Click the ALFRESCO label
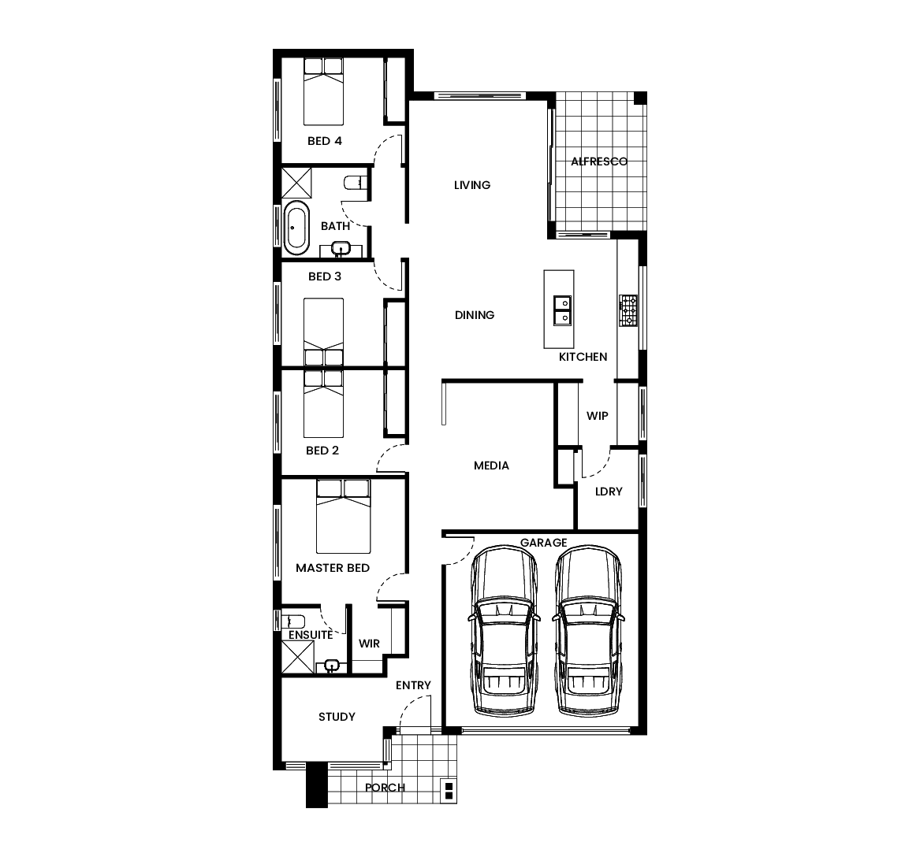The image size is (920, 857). click(x=599, y=161)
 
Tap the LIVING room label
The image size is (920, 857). click(x=472, y=185)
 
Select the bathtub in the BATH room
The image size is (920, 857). click(x=296, y=228)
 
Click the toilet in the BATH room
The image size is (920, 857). click(x=356, y=184)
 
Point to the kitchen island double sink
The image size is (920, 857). click(x=562, y=310)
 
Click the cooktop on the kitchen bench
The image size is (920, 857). click(x=628, y=310)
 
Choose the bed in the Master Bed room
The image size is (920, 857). click(x=343, y=516)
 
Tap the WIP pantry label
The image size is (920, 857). click(x=597, y=415)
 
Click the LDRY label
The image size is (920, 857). click(x=609, y=492)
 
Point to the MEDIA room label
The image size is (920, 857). click(x=491, y=466)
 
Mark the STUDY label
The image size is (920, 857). click(x=337, y=717)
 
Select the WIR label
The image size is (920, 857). click(x=369, y=644)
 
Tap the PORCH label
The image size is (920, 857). click(x=385, y=788)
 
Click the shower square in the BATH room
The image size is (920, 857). click(x=298, y=183)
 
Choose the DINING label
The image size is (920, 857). click(x=475, y=315)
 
